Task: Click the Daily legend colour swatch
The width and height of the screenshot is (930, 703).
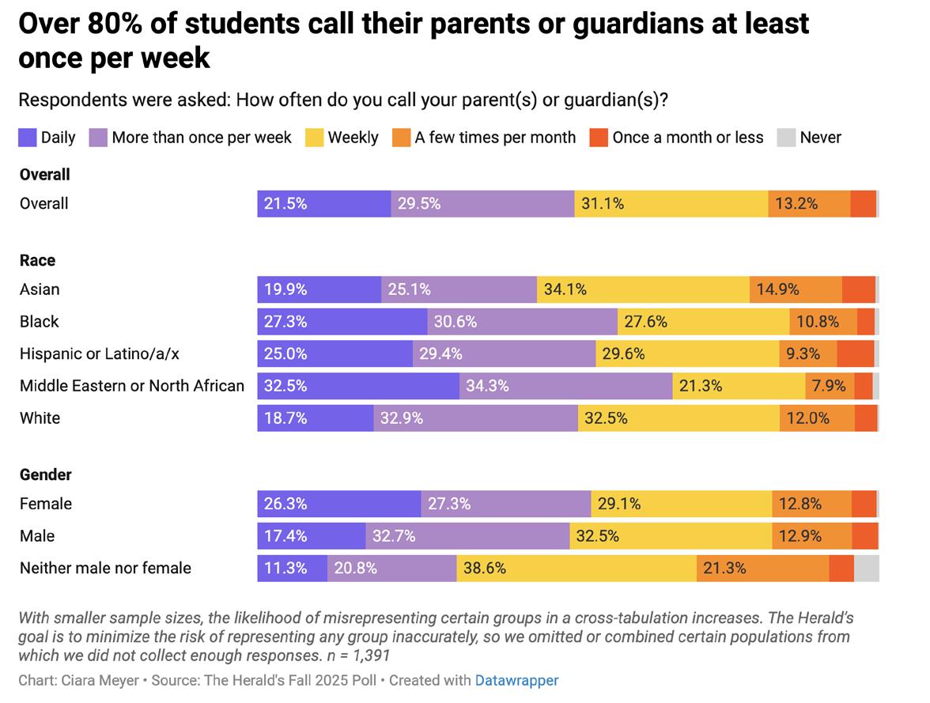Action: (x=28, y=138)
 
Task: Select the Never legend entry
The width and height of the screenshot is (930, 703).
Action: (x=820, y=138)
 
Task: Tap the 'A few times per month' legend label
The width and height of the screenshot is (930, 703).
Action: (x=495, y=138)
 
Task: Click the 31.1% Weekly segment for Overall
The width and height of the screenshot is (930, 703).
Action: (x=671, y=203)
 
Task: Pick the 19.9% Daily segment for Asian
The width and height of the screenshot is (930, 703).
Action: (x=319, y=289)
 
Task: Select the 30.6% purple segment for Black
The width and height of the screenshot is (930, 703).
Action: (x=522, y=322)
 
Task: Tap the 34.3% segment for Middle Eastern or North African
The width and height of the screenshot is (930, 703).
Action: (x=565, y=386)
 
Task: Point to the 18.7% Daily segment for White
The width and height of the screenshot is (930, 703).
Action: (x=315, y=418)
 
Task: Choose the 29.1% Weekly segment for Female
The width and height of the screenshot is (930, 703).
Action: (x=681, y=504)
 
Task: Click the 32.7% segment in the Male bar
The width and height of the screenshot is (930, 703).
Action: (x=467, y=536)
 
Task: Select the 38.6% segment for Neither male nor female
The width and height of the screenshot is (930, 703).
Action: (x=577, y=568)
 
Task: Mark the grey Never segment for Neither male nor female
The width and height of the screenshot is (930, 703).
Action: (x=866, y=568)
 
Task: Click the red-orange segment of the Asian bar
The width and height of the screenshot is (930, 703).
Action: (x=858, y=289)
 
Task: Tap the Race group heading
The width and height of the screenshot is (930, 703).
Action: (x=37, y=260)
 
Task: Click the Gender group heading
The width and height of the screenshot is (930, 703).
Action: (x=45, y=474)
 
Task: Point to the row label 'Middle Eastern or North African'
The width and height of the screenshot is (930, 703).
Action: (x=132, y=386)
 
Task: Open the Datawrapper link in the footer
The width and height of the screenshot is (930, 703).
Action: (x=516, y=680)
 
